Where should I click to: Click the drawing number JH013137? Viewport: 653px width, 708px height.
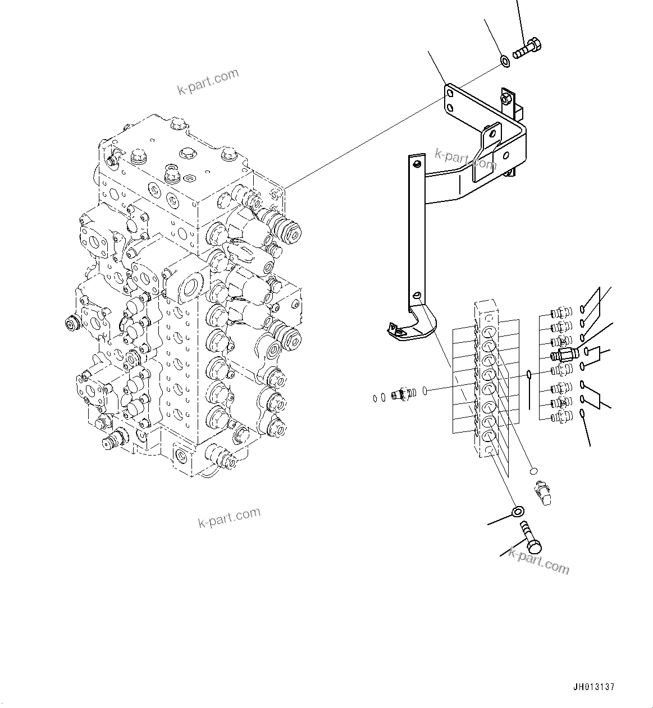click(594, 687)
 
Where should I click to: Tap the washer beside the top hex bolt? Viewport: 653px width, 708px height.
click(505, 59)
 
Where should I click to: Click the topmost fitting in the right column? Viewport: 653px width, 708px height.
click(560, 311)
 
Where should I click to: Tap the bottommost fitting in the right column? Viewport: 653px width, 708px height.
click(560, 416)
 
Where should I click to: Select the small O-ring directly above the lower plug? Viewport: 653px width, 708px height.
click(534, 470)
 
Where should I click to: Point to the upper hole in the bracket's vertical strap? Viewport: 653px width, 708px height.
click(416, 163)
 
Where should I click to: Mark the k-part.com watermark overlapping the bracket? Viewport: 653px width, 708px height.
click(465, 159)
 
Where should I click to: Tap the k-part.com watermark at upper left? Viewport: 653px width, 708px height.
click(208, 82)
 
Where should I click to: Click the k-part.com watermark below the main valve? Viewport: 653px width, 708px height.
click(229, 517)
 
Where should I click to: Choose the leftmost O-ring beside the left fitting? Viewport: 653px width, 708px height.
click(375, 398)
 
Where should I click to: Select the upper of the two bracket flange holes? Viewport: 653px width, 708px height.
click(449, 94)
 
